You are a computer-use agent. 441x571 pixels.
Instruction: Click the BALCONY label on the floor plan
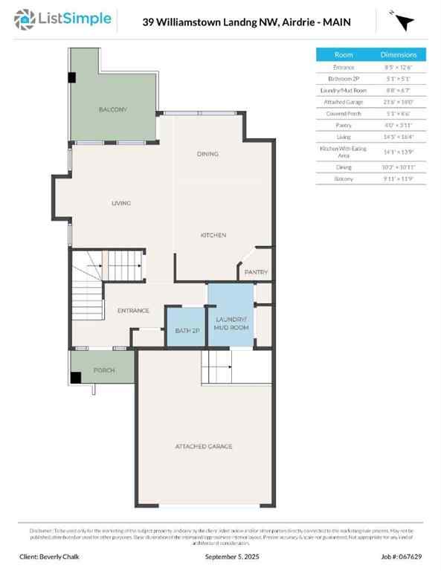pos(113,109)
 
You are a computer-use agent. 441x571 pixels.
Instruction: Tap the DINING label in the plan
pos(207,154)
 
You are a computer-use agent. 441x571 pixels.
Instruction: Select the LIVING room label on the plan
pos(121,203)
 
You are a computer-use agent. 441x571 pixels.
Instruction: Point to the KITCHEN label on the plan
pos(213,235)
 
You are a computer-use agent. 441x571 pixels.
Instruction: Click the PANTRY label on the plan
pos(256,272)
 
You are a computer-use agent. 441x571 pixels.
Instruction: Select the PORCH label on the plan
pos(103,370)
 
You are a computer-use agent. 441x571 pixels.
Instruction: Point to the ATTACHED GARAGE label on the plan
pos(203,446)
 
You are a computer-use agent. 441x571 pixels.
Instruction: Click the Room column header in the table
pos(344,55)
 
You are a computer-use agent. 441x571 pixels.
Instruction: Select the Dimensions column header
pos(399,55)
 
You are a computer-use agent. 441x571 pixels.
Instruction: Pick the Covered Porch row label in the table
pos(344,114)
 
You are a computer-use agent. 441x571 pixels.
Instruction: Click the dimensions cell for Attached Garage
pos(399,102)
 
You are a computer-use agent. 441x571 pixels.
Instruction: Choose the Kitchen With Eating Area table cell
pos(344,152)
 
